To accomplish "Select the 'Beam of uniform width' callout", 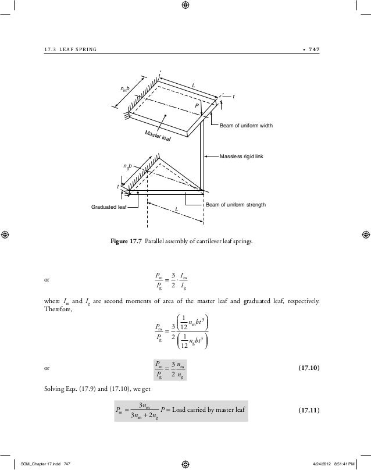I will click(246, 126).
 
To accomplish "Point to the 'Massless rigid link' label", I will click(242, 156).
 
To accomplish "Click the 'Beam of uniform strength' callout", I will click(236, 205).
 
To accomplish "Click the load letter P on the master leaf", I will click(197, 106).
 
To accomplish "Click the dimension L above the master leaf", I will click(195, 86).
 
